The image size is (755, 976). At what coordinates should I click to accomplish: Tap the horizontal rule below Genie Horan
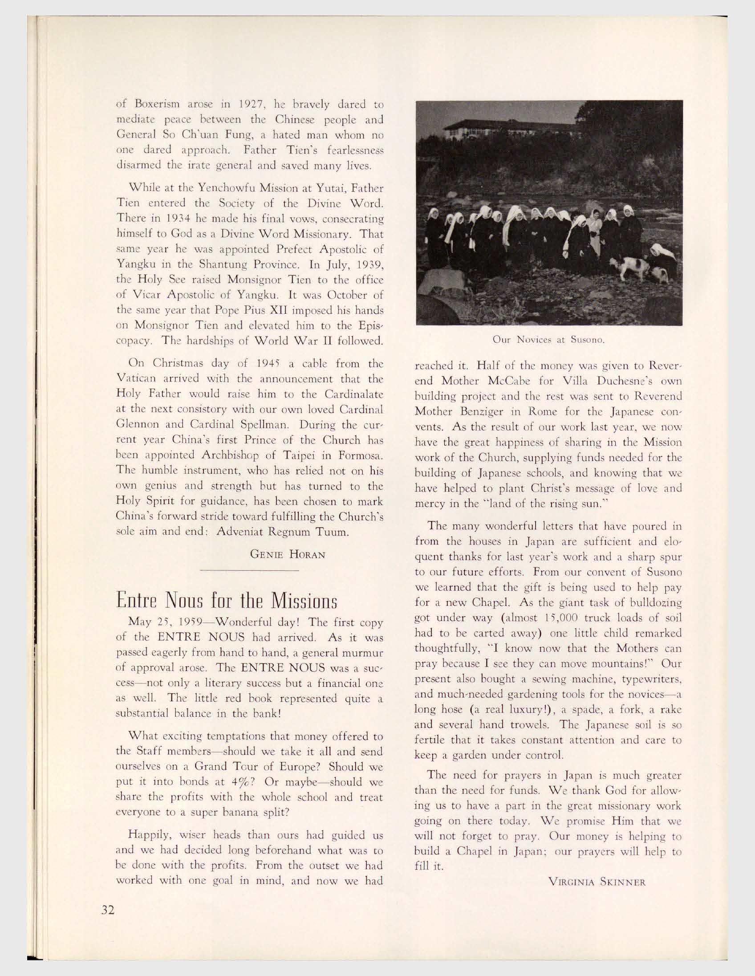[x=249, y=571]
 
